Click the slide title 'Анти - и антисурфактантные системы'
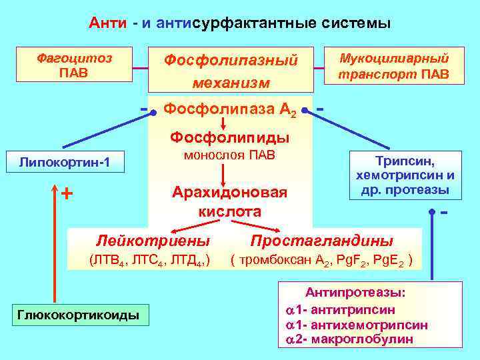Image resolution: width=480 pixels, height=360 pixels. click(x=240, y=23)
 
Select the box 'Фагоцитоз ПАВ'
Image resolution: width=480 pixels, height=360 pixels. click(x=74, y=64)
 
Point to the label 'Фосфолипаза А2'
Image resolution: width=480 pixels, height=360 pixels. click(x=230, y=109)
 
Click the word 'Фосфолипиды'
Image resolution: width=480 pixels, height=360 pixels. click(x=230, y=137)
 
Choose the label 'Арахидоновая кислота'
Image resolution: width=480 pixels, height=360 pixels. click(x=230, y=202)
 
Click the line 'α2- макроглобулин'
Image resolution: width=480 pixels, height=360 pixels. click(x=349, y=339)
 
